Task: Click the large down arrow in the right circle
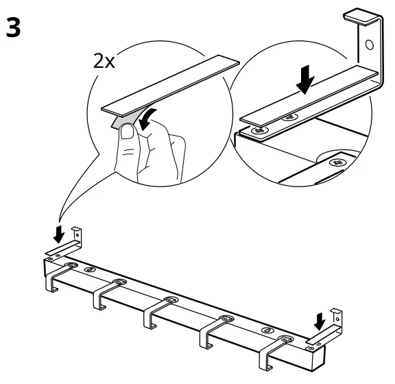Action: tap(306, 81)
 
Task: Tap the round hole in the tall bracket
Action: tap(370, 46)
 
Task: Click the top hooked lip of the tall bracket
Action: tap(361, 14)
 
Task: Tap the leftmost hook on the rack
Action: tap(55, 278)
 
